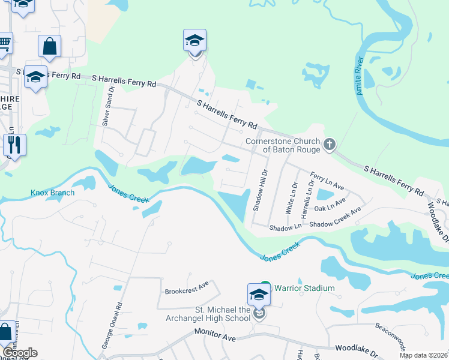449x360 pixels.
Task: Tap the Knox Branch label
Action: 53,193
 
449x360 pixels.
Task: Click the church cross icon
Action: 329,145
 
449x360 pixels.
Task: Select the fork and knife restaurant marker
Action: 14,145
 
